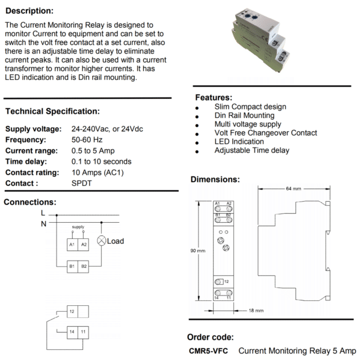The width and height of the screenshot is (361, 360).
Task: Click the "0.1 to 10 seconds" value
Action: [101, 161]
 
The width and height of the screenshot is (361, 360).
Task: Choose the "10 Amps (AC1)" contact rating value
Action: [98, 172]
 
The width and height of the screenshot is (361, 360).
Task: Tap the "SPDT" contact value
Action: [82, 183]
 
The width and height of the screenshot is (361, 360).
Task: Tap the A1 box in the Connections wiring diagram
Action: [72, 244]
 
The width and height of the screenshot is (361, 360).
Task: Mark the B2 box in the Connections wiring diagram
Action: [84, 265]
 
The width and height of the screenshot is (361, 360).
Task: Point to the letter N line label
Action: [43, 224]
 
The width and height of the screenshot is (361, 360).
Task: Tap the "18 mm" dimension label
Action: [256, 311]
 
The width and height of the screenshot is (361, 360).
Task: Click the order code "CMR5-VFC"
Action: [208, 350]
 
